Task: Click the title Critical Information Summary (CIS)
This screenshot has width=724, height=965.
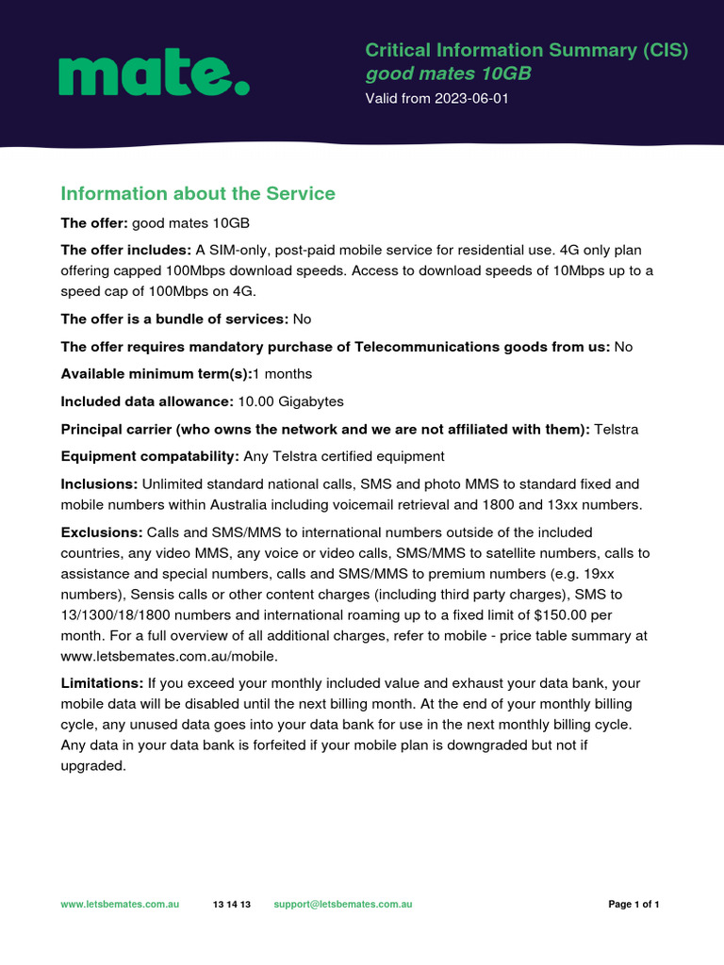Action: tap(526, 50)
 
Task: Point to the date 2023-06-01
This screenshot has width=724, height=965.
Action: tap(471, 99)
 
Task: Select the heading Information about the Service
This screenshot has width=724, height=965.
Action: tap(198, 193)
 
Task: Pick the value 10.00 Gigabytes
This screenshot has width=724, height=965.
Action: tap(290, 401)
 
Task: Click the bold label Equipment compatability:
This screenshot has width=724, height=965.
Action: tap(150, 456)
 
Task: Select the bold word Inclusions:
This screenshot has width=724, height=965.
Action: tap(99, 484)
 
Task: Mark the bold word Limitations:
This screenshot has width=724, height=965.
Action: tap(102, 682)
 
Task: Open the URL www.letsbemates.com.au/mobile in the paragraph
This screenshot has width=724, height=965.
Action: tap(169, 657)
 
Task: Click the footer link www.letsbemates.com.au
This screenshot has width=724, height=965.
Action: tap(120, 905)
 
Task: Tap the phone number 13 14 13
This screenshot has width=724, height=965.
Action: tap(232, 905)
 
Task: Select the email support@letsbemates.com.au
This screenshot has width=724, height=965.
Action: tap(343, 905)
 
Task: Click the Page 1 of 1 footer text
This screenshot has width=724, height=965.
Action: tap(633, 905)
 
